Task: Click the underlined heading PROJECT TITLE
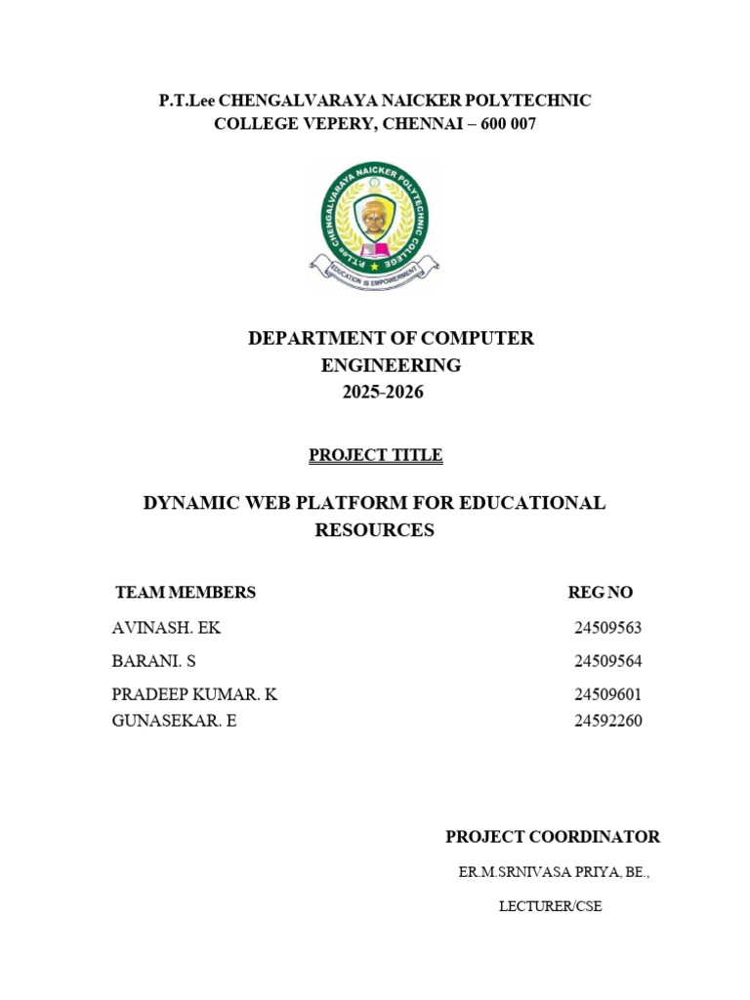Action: coord(375,455)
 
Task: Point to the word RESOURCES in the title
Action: coord(374,530)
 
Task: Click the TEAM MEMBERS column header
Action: coord(186,593)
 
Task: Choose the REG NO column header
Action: coord(601,593)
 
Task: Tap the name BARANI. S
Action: coord(154,661)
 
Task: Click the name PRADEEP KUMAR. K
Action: coord(195,694)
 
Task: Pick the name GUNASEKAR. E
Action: coord(175,722)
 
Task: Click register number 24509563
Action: coord(607,628)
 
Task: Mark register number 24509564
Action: coord(607,661)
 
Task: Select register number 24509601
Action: coord(607,694)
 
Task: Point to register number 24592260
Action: coord(607,722)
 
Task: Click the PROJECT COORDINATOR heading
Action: coord(553,837)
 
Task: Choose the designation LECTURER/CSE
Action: coord(550,906)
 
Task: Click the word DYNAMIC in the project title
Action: coord(190,503)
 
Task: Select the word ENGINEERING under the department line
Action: coord(391,365)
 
